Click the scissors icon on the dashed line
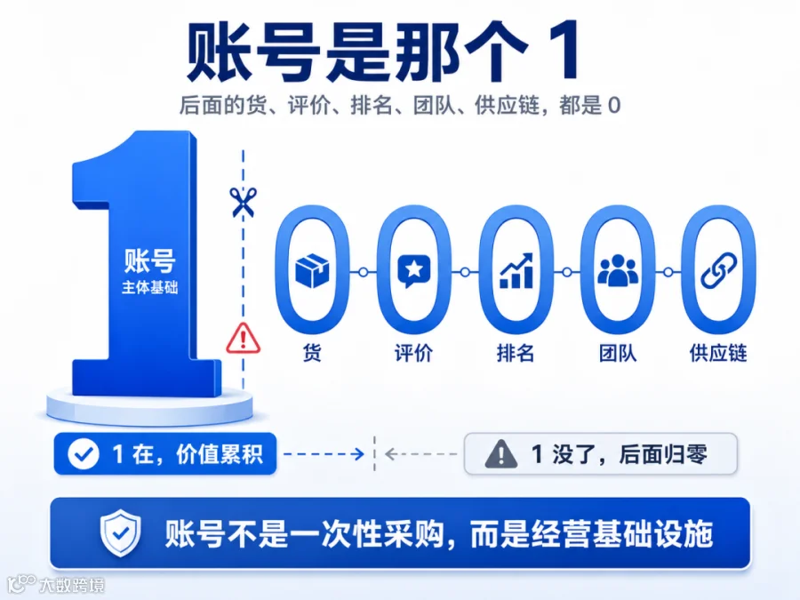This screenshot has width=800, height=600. (243, 202)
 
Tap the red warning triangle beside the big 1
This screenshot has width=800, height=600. (244, 339)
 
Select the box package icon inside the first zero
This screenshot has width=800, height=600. (312, 271)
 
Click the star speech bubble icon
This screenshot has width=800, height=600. (413, 271)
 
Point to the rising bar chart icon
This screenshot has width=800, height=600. (516, 270)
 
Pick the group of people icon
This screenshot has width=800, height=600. (618, 270)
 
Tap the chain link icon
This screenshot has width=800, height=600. (719, 270)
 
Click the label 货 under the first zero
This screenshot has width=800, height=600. (312, 353)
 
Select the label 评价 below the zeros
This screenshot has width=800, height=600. (413, 353)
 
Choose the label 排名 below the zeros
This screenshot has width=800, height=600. (516, 353)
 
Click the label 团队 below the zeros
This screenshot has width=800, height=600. (618, 353)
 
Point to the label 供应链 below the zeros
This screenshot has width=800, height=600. (718, 353)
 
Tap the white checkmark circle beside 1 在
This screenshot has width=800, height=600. (84, 454)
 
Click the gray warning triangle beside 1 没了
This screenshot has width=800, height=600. (501, 454)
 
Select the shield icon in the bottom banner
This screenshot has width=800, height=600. (120, 532)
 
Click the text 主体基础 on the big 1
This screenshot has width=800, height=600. (149, 288)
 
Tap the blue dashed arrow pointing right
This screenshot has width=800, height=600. (324, 453)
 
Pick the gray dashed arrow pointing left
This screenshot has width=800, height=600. (421, 453)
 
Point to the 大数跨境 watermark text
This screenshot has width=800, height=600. (72, 585)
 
